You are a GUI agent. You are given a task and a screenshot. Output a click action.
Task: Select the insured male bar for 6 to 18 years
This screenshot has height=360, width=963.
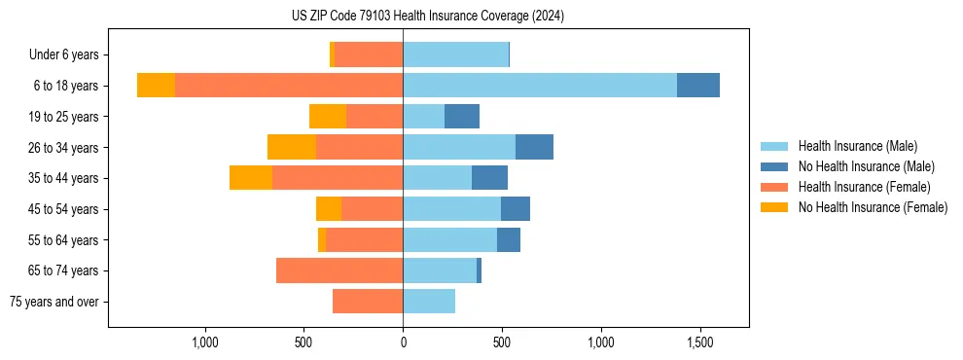pos(540,86)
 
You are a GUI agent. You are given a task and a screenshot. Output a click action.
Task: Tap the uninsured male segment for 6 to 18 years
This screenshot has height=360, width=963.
pos(698,86)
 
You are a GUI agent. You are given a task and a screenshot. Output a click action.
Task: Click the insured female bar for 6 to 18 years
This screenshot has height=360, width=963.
pos(289,86)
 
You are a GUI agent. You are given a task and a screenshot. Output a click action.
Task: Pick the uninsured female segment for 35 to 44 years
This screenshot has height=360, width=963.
pos(251,178)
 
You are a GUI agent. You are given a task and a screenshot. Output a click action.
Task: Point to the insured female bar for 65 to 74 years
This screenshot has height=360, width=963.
pos(339,270)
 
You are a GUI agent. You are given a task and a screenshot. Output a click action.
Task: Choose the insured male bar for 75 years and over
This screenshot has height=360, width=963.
pos(429,302)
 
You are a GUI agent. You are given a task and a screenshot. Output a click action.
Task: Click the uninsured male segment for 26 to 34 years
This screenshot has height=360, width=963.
pos(534,147)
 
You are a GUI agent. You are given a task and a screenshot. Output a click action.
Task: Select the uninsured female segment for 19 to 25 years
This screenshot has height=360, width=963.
pos(328,117)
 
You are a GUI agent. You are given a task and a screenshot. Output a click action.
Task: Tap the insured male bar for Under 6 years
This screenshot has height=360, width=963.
pos(455,54)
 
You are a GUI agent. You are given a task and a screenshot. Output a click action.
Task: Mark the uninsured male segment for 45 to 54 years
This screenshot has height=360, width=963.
pos(516,209)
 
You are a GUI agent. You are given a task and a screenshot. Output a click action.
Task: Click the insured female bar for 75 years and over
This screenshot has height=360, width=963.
pos(368,302)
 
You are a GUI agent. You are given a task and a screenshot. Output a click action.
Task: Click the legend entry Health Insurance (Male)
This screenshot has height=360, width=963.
pos(857,146)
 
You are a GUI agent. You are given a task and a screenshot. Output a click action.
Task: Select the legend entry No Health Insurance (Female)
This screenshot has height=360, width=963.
pos(873,207)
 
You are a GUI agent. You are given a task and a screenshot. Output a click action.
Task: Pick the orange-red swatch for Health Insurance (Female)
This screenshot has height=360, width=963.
pos(774,187)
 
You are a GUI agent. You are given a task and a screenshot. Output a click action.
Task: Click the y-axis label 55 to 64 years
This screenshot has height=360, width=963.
pos(64,240)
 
